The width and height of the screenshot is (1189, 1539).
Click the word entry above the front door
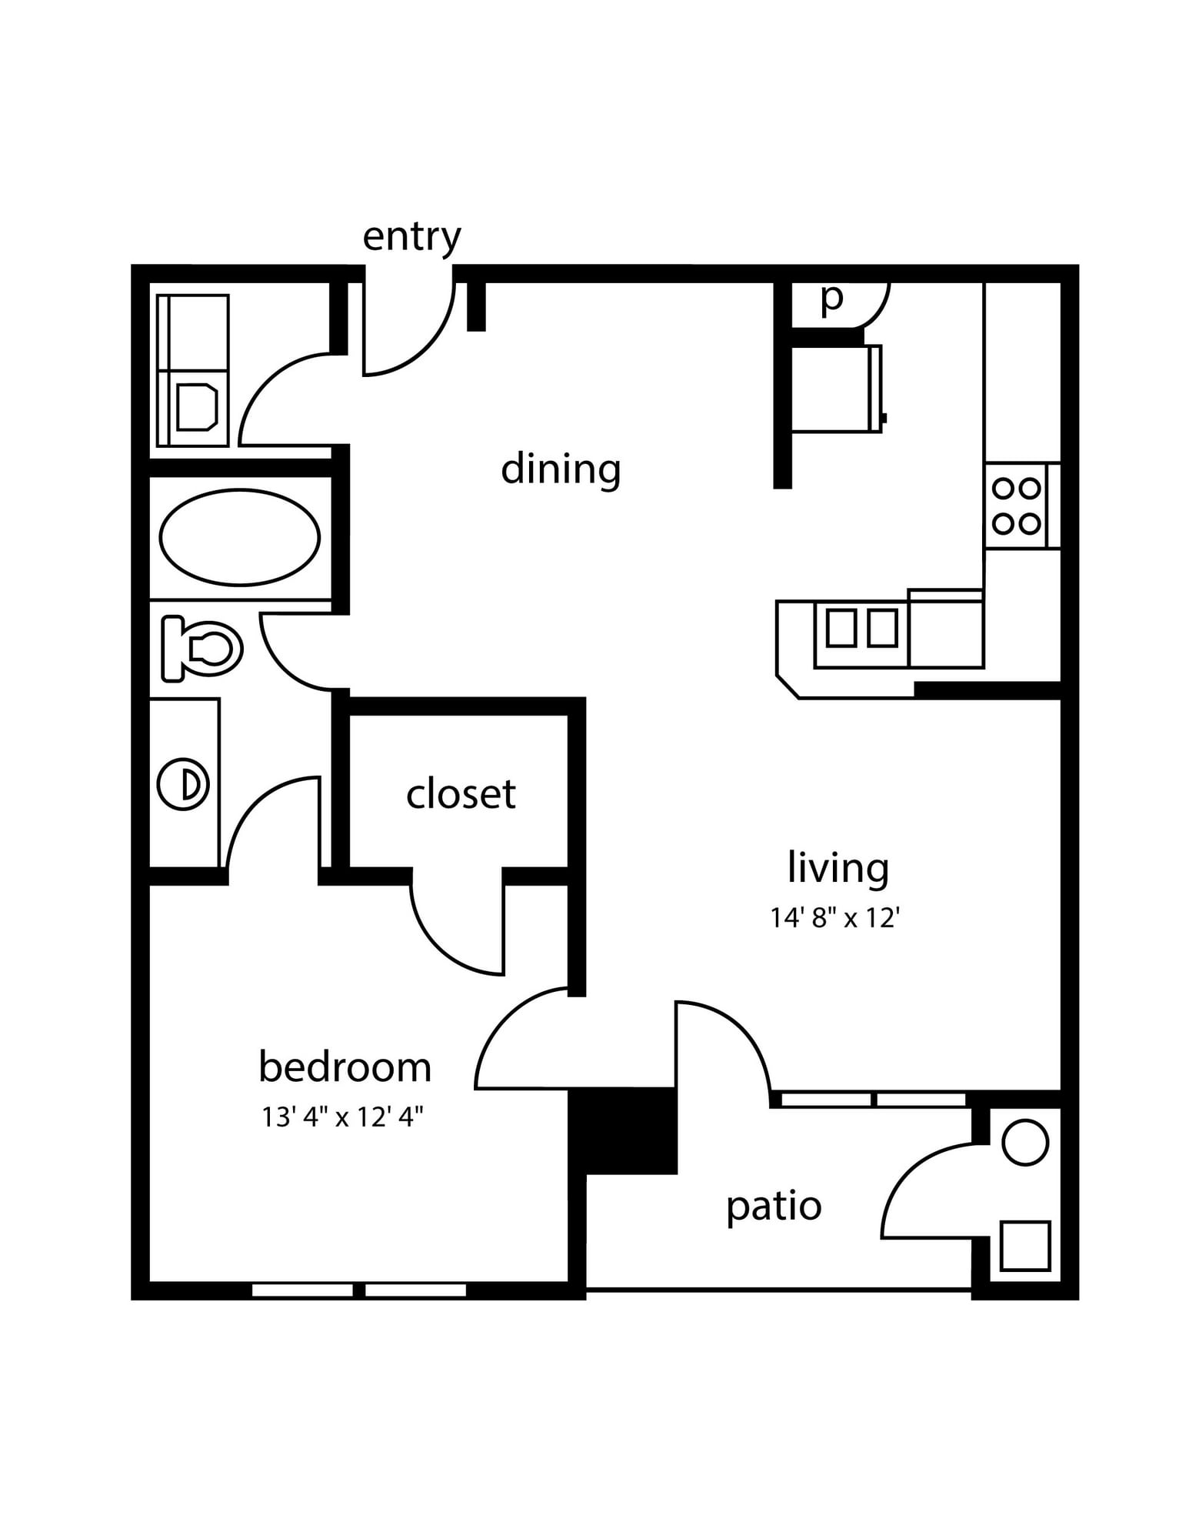[x=411, y=237]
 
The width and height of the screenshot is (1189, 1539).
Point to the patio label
[x=774, y=1206]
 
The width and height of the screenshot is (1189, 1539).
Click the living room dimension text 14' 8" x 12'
[x=835, y=917]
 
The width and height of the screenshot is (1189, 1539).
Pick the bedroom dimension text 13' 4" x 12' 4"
[x=343, y=1117]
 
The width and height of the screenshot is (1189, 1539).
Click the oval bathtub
[x=240, y=537]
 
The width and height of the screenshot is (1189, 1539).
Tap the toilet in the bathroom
[x=201, y=648]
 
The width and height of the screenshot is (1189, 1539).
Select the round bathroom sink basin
[x=183, y=784]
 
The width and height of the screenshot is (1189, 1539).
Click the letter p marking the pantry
[x=831, y=298]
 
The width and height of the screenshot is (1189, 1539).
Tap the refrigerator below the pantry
[x=837, y=389]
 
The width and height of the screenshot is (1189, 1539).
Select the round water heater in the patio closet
[x=1025, y=1143]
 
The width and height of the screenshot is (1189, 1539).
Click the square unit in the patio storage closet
[x=1025, y=1246]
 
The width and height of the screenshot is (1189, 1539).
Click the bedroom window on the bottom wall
[x=359, y=1290]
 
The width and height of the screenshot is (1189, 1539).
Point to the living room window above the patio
[x=873, y=1100]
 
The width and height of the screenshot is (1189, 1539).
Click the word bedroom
[x=345, y=1067]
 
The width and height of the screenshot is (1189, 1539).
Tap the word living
[x=838, y=867]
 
